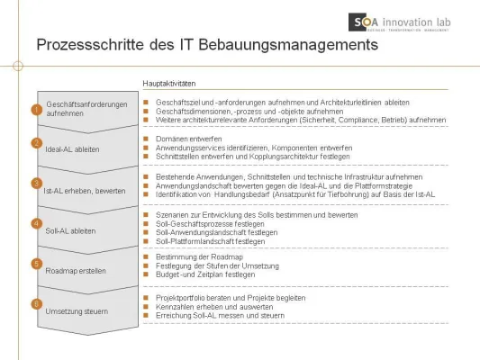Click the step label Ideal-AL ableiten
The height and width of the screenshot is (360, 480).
[x=73, y=148]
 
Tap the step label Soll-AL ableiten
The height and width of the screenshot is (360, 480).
[x=72, y=229]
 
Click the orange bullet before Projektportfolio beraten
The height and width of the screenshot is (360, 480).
[x=147, y=298]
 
